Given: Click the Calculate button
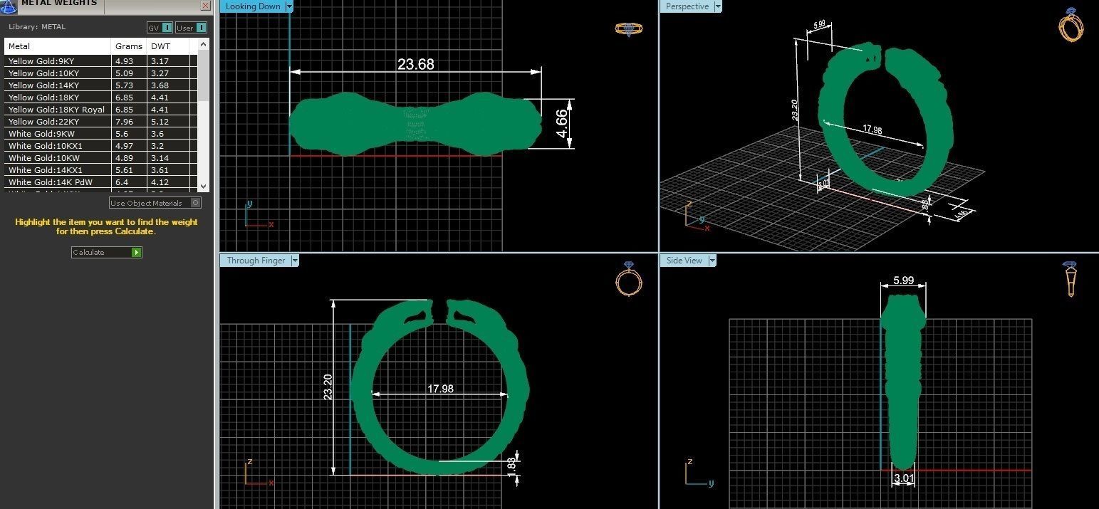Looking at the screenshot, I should [x=106, y=252].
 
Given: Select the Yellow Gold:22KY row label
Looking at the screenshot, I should [x=43, y=122].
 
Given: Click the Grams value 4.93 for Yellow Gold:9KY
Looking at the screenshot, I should [x=125, y=61].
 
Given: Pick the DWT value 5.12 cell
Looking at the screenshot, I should [x=160, y=122].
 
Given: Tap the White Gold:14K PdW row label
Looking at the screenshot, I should [x=50, y=182].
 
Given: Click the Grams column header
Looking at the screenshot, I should [x=128, y=46].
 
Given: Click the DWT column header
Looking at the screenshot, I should [x=160, y=46].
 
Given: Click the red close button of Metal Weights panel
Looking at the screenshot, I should [x=205, y=5].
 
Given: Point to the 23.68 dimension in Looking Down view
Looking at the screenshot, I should [x=415, y=64].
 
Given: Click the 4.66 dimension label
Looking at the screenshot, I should [x=562, y=124].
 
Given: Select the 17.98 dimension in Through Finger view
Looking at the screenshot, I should [x=440, y=389].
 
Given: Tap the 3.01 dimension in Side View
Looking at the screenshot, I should [x=903, y=478].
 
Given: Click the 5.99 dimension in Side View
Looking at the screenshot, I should [x=903, y=280].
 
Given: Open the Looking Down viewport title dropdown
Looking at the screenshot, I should [x=288, y=6].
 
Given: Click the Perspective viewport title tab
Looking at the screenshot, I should [x=687, y=6].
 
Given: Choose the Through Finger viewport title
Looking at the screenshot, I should [x=256, y=261].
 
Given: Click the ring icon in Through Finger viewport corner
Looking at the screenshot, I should [x=628, y=278].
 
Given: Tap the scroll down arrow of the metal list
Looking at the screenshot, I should [x=203, y=185].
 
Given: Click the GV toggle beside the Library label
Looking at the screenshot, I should [x=160, y=28].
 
